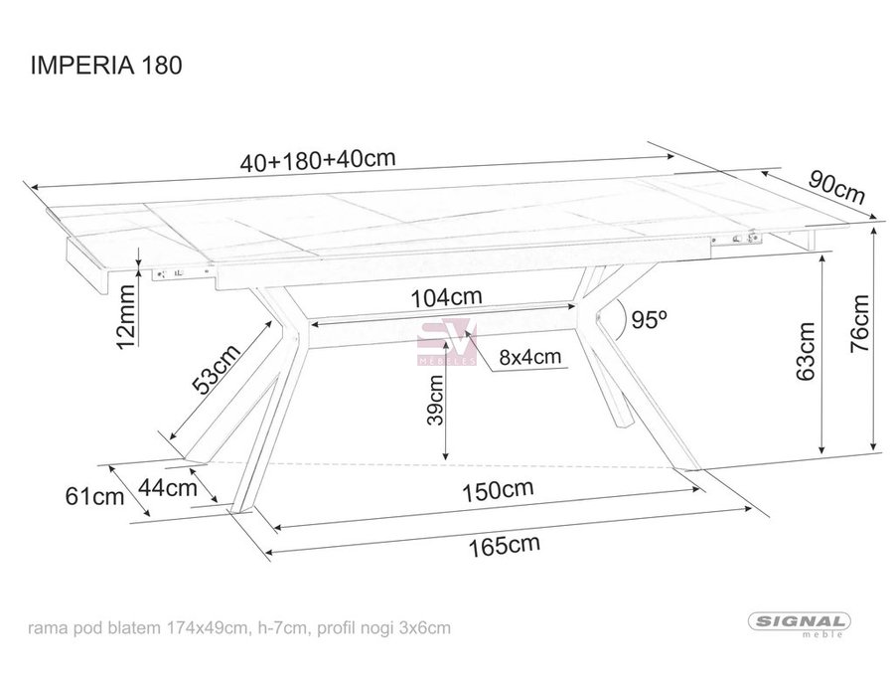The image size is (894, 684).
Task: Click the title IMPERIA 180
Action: tap(106, 65)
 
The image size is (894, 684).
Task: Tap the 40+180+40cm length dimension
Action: tap(318, 160)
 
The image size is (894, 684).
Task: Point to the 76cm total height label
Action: tap(860, 323)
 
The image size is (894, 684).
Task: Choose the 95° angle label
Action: tap(649, 319)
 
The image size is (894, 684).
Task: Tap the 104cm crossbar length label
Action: tap(446, 296)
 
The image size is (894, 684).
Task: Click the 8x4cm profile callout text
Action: tap(530, 357)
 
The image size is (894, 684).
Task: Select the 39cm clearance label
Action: tap(435, 400)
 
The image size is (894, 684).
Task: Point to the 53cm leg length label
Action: tap(217, 369)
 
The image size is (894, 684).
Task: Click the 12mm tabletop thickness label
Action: tap(125, 316)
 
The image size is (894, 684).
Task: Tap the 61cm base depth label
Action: tap(94, 496)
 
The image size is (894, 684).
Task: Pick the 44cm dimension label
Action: tap(168, 487)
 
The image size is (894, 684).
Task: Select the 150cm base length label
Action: tap(498, 490)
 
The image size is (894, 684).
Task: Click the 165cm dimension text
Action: tap(504, 546)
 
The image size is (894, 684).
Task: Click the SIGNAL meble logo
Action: tap(799, 624)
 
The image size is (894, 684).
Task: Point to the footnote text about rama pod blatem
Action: tap(239, 628)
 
